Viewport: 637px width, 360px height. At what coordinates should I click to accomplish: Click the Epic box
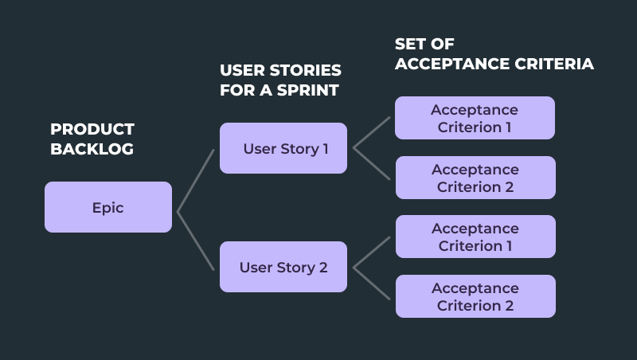coord(108,207)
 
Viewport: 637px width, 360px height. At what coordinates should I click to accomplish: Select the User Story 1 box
coord(283,148)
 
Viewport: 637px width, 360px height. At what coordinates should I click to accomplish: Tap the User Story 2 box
coord(283,268)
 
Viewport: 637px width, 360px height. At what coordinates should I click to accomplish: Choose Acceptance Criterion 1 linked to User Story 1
coord(475,118)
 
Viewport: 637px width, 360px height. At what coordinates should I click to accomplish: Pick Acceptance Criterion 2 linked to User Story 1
coord(475,178)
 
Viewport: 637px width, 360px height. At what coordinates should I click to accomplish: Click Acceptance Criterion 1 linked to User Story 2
coord(475,237)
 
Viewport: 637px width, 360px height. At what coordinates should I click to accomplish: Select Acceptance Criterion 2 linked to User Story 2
coord(475,296)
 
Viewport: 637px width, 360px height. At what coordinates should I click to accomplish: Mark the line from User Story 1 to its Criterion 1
coord(372,133)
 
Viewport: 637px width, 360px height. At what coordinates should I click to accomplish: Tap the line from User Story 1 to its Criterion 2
coord(372,163)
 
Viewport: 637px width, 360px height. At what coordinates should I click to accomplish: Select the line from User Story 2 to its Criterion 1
coord(372,252)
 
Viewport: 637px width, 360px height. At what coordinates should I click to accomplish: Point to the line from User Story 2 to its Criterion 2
coord(372,282)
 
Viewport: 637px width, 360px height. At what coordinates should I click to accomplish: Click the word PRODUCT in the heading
coord(92,129)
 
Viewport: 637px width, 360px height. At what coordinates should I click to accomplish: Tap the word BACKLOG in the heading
coord(92,149)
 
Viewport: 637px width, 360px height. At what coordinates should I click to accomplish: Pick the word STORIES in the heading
coord(308,70)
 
